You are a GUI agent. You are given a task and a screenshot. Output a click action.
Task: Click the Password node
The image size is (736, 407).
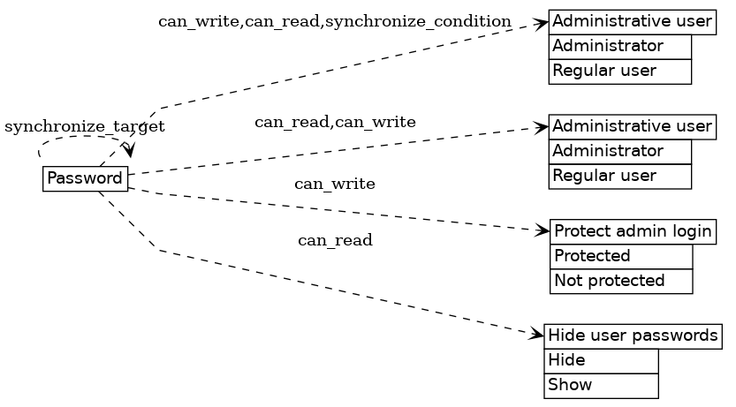click(85, 178)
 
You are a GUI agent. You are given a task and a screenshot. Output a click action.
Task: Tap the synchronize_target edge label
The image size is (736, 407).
click(85, 127)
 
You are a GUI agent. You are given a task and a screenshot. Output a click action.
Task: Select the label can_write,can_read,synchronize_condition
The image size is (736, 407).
click(334, 21)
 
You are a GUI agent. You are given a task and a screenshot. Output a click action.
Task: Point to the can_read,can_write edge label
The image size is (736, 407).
click(335, 122)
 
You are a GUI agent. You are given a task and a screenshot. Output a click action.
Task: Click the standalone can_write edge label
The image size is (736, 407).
click(334, 184)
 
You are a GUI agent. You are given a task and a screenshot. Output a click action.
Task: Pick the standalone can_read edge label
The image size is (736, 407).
click(334, 240)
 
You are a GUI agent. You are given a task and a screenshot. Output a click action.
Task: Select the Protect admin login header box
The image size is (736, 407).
click(633, 232)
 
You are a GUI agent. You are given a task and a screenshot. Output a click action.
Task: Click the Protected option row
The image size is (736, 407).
click(621, 256)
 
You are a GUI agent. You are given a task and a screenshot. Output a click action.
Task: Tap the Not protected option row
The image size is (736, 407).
click(621, 281)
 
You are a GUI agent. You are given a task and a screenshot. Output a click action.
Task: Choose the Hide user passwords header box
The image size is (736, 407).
click(633, 335)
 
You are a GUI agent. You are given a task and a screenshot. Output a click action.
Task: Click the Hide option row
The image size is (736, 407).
click(601, 360)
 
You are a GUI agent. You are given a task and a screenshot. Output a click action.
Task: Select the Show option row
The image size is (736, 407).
click(601, 385)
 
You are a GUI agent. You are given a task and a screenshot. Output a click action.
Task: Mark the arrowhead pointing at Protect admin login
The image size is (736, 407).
click(543, 230)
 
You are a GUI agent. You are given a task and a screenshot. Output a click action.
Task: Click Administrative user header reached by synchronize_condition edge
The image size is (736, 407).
click(632, 21)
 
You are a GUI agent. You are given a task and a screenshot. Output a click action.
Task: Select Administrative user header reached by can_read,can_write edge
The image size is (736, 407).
click(632, 126)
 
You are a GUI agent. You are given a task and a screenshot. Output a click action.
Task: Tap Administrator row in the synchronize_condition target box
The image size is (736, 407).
click(619, 46)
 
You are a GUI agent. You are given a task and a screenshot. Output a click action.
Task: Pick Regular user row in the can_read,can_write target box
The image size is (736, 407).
click(619, 176)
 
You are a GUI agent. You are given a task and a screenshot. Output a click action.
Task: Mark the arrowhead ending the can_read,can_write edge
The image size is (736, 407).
click(542, 127)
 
